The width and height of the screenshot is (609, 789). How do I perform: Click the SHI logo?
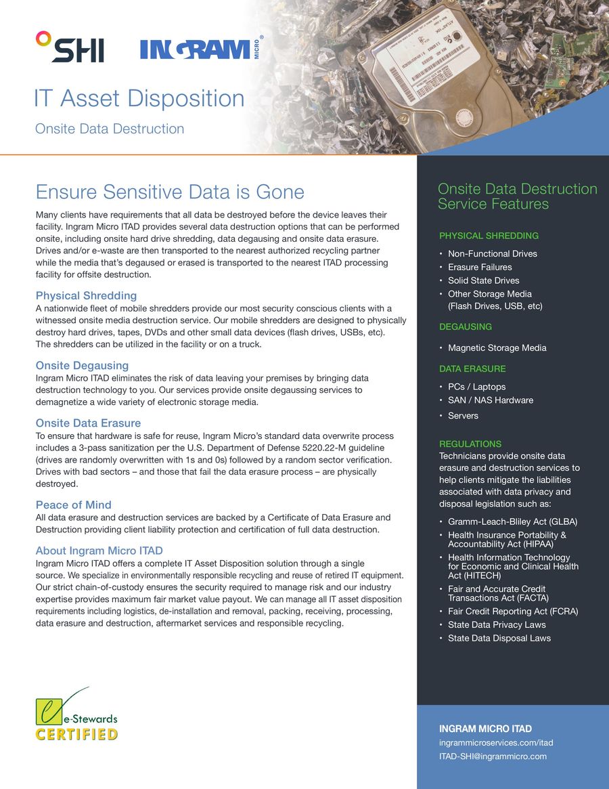70,47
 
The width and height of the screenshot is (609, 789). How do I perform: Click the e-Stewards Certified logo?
76,716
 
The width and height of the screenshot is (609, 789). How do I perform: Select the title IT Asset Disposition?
139,98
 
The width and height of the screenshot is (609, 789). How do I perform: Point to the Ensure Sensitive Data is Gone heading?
170,192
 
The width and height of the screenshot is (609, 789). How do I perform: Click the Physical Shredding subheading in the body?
86,295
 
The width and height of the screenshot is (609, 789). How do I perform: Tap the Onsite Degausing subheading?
82,366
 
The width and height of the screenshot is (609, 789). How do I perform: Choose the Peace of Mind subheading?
73,505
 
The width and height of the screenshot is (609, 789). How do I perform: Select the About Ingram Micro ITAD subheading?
99,551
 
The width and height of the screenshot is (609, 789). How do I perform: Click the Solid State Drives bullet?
483,280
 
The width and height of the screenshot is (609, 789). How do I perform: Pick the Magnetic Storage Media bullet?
497,347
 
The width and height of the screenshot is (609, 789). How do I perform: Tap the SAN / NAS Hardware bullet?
490,400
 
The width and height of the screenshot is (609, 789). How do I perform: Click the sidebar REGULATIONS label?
470,444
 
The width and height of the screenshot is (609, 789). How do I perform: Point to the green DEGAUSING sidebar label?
466,326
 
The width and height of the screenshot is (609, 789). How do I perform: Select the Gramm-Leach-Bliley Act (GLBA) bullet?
512,522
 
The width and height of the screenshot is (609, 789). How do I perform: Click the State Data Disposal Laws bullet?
499,638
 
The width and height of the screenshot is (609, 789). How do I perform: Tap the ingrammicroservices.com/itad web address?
496,743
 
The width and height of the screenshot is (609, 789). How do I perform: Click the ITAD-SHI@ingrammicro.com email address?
493,756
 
